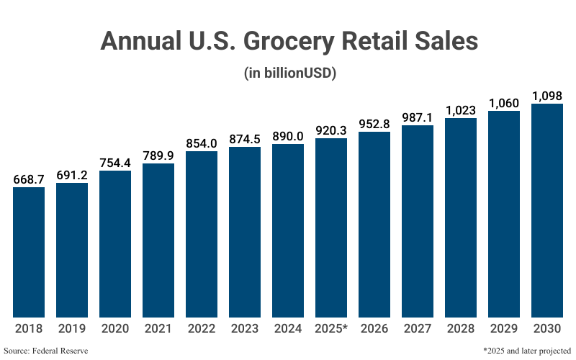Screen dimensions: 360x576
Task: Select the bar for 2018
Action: [29, 252]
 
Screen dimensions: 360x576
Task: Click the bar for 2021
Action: [158, 240]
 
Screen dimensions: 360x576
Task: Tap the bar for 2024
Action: [288, 230]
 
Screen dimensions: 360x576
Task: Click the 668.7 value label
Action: [29, 179]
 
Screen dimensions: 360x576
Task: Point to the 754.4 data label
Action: [115, 163]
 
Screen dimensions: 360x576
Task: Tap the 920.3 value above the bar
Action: [331, 130]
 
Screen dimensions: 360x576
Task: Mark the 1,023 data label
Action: [461, 111]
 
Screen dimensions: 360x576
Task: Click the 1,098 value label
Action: [547, 96]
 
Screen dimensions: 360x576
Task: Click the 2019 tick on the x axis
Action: [72, 328]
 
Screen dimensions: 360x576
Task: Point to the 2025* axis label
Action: [331, 328]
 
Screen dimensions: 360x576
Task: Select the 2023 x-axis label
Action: [245, 328]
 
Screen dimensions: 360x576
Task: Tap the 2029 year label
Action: [504, 328]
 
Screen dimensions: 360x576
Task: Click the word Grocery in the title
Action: [289, 42]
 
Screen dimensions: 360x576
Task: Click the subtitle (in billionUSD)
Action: [288, 73]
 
